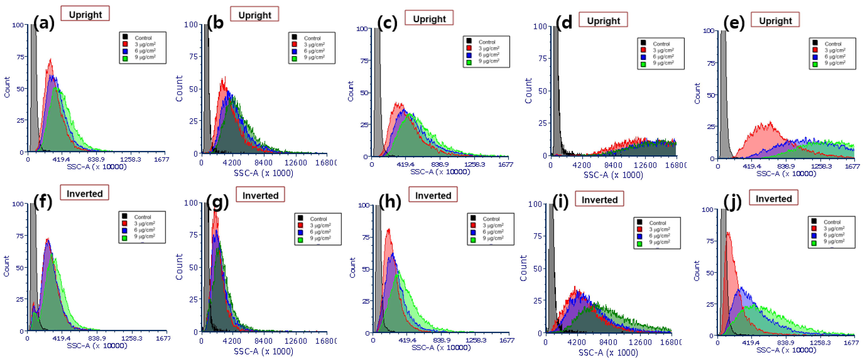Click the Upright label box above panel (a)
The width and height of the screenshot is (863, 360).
coord(85,14)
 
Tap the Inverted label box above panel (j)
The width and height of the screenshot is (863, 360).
coord(774,198)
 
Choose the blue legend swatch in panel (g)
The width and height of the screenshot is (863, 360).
coord(300,232)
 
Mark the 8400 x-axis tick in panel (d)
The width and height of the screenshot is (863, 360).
coord(613,165)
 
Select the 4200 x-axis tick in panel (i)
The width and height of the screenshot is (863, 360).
coord(577,342)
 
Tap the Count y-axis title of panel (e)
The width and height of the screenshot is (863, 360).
coord(697,94)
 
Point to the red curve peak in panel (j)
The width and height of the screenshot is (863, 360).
coord(727,233)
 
